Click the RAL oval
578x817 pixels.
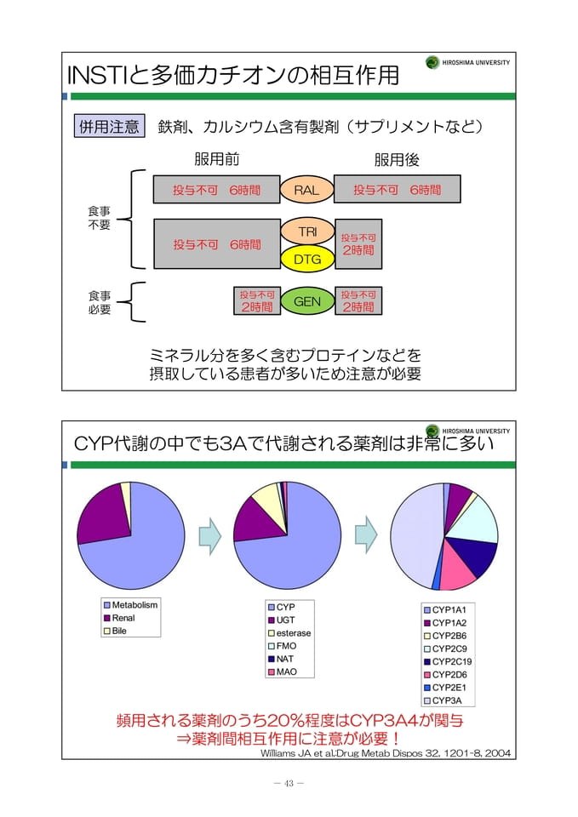pos(306,190)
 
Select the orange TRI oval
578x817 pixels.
pos(307,231)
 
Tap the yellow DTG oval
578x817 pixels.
pos(307,259)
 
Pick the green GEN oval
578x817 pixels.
pos(307,301)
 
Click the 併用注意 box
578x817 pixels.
pos(109,126)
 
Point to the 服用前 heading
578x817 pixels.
pos(217,159)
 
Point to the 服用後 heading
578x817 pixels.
pos(397,159)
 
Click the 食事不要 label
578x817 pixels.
pos(99,218)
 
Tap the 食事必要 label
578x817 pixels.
pos(99,303)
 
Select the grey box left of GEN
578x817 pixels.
pos(257,301)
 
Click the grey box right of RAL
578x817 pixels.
pos(398,189)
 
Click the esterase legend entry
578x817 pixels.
pos(289,633)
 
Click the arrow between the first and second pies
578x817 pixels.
pos(210,535)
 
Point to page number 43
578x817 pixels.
pos(289,783)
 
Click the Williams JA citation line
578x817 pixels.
pos(385,753)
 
